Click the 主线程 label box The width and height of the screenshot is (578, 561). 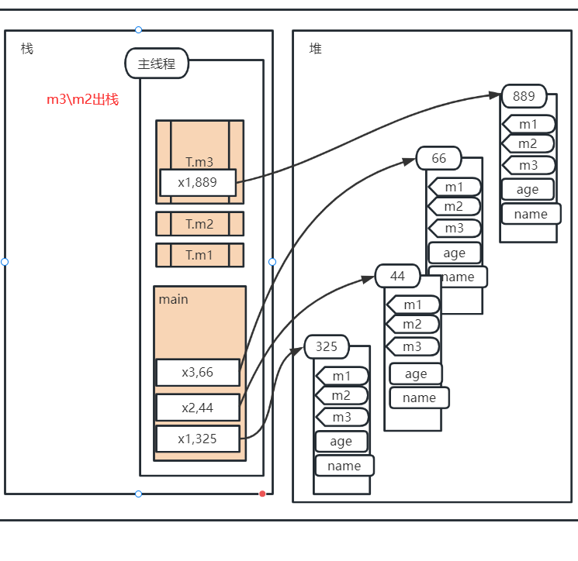pos(157,64)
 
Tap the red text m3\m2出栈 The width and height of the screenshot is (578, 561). pos(82,100)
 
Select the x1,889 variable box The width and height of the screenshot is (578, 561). pos(198,183)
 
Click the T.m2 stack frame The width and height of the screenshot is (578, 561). pos(199,224)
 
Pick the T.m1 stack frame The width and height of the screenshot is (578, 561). pos(199,255)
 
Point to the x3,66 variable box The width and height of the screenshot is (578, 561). pos(198,372)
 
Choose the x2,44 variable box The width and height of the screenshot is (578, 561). pos(198,407)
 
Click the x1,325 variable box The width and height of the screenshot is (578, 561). pos(198,439)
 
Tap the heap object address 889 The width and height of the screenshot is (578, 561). pos(524,96)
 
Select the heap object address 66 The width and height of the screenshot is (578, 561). pos(439,158)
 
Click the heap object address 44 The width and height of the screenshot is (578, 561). pos(397,276)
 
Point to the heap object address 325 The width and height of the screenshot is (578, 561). pos(327,346)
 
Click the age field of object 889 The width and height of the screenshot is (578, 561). pos(528,190)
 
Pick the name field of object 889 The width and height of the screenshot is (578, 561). pos(531,214)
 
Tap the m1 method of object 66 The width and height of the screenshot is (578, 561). pos(455,187)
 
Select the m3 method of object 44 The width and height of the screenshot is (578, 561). pos(413,346)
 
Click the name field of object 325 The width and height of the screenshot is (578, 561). pos(344,466)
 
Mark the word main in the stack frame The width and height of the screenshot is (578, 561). pos(174,299)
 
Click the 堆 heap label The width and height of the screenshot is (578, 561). pos(316,48)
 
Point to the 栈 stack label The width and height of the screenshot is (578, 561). pos(27,48)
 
